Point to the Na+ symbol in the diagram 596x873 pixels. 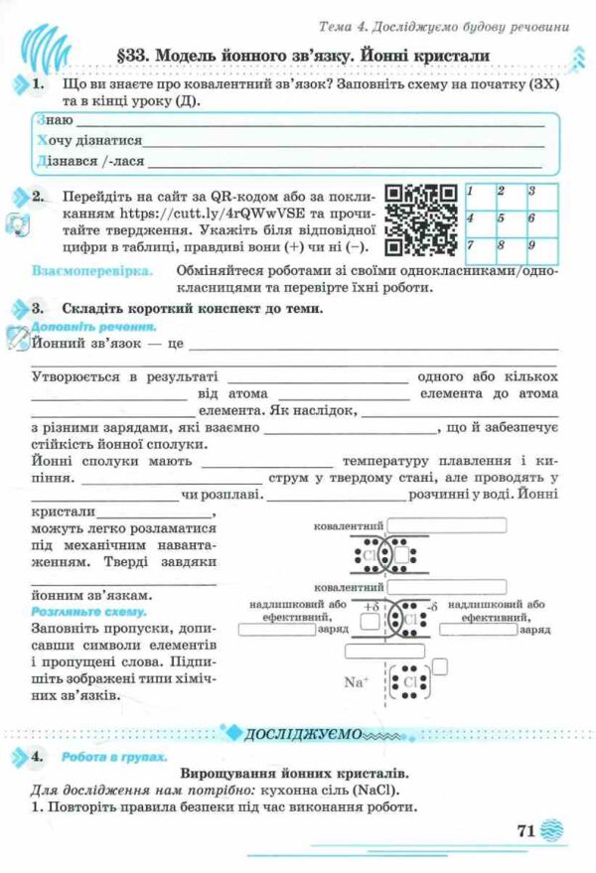coord(356,681)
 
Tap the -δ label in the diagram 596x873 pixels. coord(430,606)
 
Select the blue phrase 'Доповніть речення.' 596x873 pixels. coord(91,326)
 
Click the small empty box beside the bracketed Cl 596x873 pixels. coord(440,666)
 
